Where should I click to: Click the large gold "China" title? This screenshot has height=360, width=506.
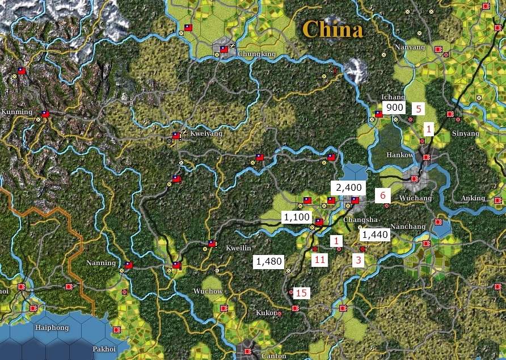point(332,29)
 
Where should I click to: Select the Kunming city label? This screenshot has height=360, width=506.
point(17,112)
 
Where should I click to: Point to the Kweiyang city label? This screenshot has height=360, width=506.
point(206,133)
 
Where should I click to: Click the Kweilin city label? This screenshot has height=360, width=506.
point(238,248)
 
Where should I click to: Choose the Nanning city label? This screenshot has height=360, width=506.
point(101,263)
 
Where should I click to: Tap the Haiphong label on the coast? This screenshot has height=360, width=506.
point(52,328)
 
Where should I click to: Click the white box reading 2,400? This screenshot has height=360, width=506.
point(348,187)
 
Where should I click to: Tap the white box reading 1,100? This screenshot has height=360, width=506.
point(297,216)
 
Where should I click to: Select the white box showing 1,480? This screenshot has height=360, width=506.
point(269,261)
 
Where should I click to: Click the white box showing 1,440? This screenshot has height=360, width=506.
point(374,234)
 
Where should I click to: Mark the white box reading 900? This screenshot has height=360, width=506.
point(395,107)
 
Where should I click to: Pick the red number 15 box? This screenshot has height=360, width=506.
point(301,293)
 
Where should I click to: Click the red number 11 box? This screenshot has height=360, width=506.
point(320,259)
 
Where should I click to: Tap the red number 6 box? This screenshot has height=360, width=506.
point(383,195)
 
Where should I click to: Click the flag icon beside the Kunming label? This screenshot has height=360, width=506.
point(45,114)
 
